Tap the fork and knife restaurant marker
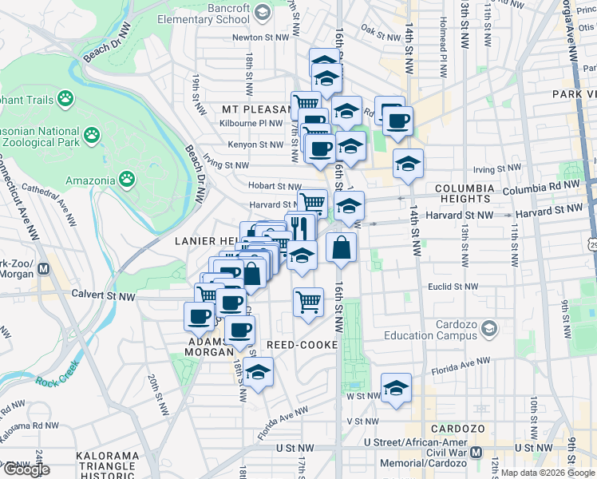click(300, 228)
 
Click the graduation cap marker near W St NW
click(396, 388)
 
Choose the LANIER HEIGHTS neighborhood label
click(206, 241)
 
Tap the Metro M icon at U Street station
click(476, 452)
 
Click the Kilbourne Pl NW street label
click(253, 124)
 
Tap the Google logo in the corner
click(26, 469)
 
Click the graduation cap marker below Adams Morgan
click(258, 372)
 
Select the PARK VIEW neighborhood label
click(574, 94)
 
